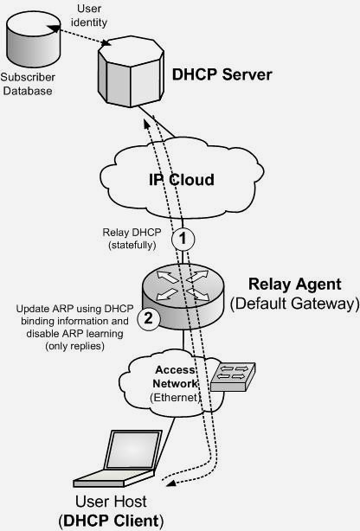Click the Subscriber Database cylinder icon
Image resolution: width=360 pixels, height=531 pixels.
point(33,39)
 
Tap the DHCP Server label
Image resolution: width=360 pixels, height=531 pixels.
point(222,74)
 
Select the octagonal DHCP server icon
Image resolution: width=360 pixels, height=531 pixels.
point(131,72)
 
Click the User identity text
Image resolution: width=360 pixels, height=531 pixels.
point(89,16)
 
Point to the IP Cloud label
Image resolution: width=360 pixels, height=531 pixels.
point(182,179)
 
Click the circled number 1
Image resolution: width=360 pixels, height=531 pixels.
point(183,239)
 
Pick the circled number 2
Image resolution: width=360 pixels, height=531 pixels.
point(149,318)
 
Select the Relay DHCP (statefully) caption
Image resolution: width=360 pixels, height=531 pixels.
point(132,239)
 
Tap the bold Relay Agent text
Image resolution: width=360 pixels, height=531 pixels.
point(294,284)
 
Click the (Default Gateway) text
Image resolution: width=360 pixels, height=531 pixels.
point(294,304)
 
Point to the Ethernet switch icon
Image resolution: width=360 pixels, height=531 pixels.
point(233,377)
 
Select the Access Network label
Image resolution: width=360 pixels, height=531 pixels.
point(175,376)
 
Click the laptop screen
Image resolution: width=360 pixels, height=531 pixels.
point(134,449)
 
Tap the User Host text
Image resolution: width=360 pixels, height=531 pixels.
point(111,502)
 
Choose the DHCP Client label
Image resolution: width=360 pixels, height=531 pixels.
point(111,521)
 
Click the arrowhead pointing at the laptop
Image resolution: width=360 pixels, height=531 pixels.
point(171,483)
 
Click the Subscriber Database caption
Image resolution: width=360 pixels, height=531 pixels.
point(28,84)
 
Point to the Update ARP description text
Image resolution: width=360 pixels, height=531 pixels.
point(75,327)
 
